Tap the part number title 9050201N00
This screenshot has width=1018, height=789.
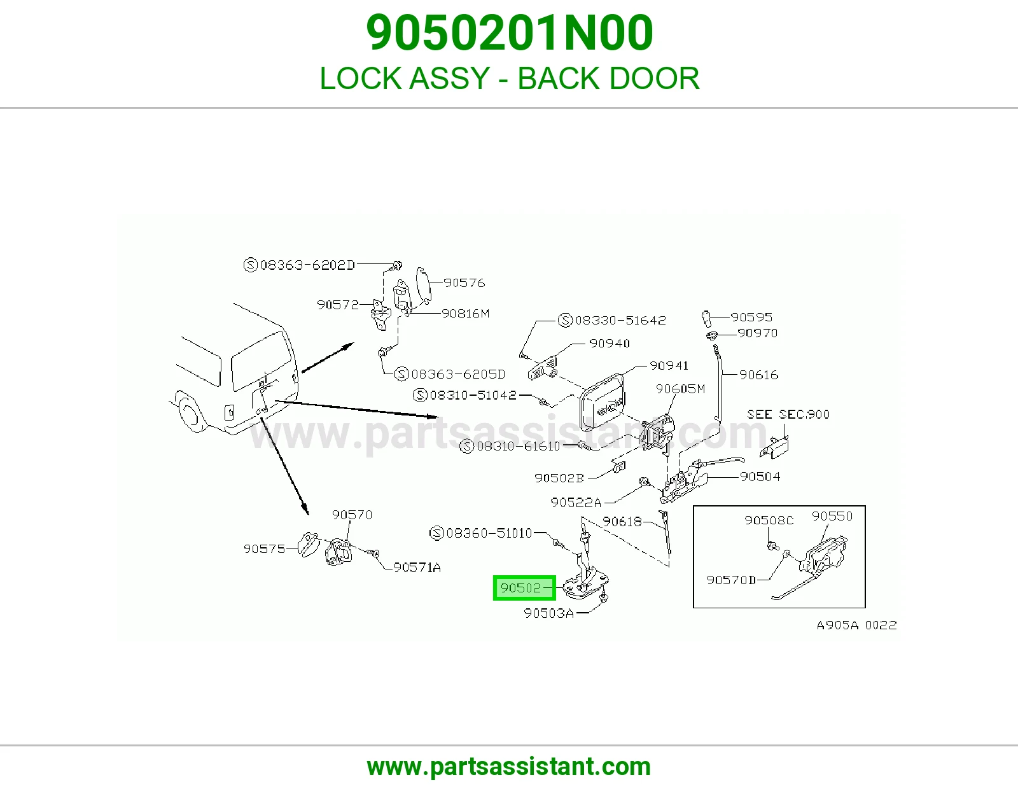point(509,32)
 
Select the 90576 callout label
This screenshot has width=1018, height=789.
point(464,283)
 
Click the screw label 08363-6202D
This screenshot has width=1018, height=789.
point(307,265)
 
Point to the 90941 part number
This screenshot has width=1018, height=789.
point(669,365)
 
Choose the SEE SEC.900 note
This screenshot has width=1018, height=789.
point(788,414)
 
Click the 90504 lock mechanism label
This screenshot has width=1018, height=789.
point(760,477)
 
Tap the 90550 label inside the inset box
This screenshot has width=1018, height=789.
point(832,516)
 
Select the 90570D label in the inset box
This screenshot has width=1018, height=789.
point(731,580)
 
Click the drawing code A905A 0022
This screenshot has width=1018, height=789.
point(856,625)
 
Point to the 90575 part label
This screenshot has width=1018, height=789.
point(264,548)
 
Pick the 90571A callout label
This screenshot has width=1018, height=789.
point(417,568)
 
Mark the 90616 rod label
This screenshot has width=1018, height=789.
point(758,375)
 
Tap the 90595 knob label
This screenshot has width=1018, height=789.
point(751,318)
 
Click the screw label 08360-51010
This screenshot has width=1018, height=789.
point(489,533)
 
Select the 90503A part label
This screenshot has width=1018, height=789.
point(548,613)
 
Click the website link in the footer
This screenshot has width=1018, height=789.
point(509,767)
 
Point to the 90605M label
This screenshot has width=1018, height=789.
point(680,389)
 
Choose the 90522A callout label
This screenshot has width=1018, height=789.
point(576,503)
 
